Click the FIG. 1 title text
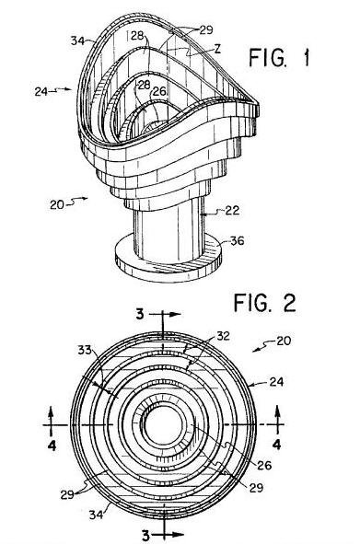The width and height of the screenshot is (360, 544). [x=279, y=58]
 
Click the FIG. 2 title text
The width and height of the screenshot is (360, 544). [x=265, y=303]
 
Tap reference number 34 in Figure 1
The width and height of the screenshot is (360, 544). [x=77, y=41]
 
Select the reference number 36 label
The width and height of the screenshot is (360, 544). [x=238, y=241]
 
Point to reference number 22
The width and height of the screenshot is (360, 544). [x=232, y=210]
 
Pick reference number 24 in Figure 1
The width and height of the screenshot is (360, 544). [x=41, y=91]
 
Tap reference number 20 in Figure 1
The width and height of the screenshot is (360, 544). [x=57, y=204]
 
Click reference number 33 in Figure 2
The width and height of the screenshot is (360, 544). [x=85, y=350]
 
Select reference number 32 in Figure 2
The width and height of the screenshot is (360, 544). [x=223, y=336]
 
